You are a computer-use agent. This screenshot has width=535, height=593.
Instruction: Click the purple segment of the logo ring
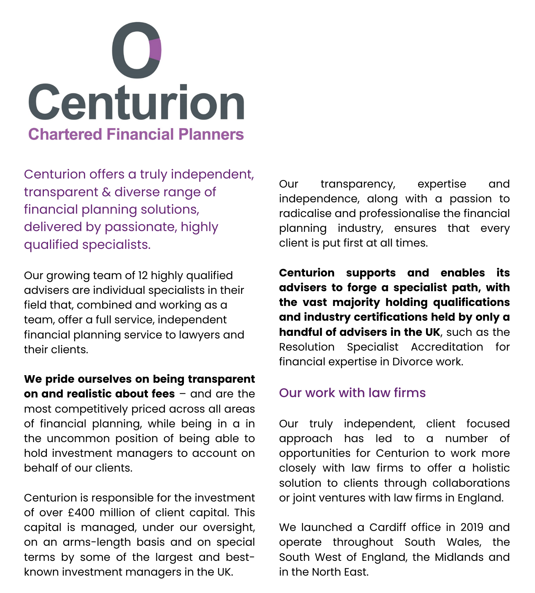click(156, 49)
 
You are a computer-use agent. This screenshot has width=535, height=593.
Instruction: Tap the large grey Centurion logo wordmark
click(136, 102)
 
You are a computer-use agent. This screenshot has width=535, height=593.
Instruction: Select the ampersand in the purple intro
click(106, 192)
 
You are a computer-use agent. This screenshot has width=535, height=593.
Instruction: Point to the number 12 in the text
click(143, 275)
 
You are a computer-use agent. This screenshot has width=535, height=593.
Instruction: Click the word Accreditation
click(447, 347)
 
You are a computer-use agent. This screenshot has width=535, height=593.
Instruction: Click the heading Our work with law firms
click(352, 393)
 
